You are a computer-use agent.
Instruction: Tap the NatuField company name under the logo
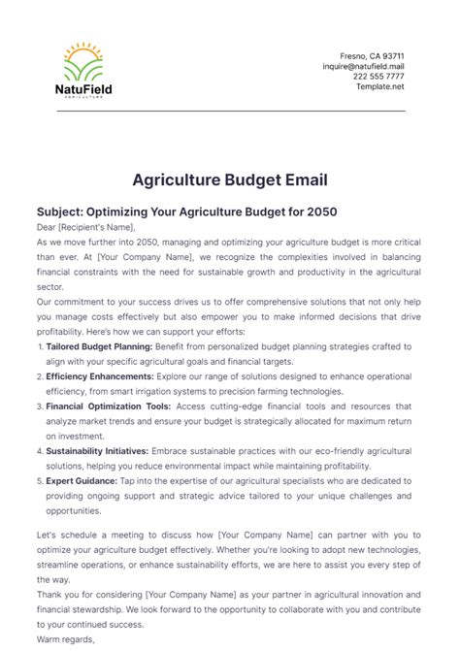[84, 91]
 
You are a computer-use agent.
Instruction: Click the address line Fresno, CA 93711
[372, 55]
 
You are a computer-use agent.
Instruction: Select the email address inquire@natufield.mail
[363, 66]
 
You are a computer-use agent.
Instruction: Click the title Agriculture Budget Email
[229, 179]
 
